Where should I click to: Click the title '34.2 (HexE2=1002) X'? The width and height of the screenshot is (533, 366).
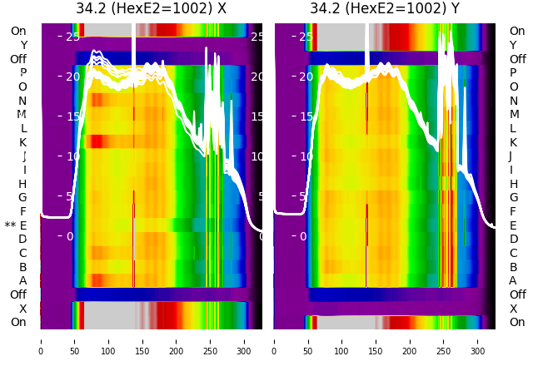coord(151,9)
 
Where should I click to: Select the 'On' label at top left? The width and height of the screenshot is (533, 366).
coord(18,31)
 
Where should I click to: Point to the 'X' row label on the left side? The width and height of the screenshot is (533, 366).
coord(23,309)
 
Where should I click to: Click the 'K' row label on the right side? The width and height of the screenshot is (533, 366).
coord(513,142)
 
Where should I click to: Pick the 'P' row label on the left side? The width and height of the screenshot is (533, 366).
coord(23,73)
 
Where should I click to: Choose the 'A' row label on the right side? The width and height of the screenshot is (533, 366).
coord(513,281)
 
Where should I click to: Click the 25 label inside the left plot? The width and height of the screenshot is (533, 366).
coord(72,37)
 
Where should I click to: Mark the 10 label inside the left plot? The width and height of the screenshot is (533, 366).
coord(72,156)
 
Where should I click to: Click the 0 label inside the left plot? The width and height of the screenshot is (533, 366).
coord(70,236)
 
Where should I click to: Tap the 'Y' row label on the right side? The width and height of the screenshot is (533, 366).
coord(513,45)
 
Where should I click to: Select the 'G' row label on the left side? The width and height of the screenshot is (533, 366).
coord(22,198)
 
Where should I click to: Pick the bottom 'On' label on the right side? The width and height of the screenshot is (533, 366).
coord(517,322)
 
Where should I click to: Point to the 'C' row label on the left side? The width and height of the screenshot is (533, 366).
coord(22,253)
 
